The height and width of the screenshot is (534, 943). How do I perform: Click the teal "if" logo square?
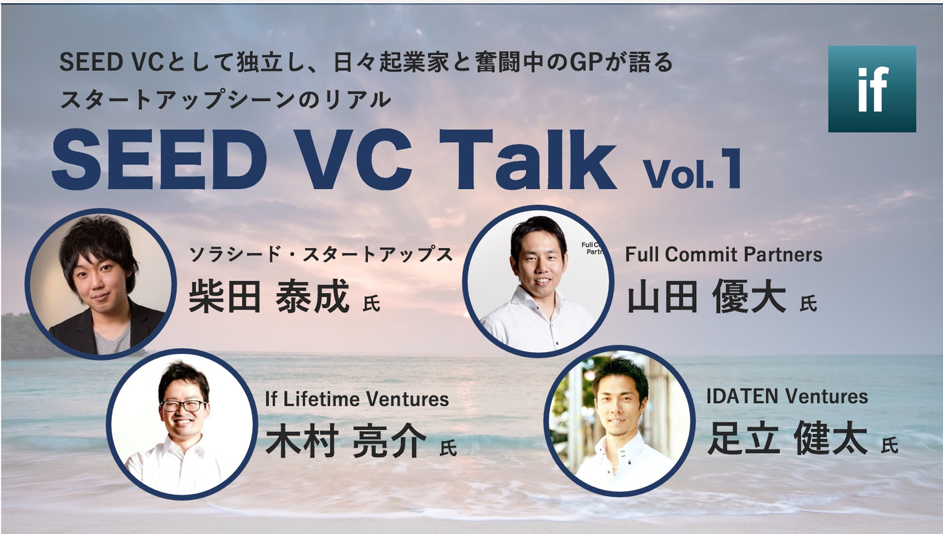[872, 89]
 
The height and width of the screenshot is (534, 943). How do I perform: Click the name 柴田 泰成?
[269, 296]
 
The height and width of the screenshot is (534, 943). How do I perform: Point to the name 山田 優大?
[707, 296]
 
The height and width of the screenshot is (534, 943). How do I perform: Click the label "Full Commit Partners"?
[724, 254]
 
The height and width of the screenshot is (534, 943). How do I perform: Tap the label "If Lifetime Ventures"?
[357, 399]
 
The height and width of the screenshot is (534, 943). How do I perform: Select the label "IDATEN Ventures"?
[787, 397]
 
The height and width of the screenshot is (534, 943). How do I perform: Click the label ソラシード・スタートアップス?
[321, 254]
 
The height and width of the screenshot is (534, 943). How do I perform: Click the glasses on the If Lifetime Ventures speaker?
[183, 405]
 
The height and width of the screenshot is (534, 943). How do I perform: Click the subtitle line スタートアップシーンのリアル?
[225, 99]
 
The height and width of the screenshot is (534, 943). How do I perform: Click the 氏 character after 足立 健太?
[889, 445]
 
